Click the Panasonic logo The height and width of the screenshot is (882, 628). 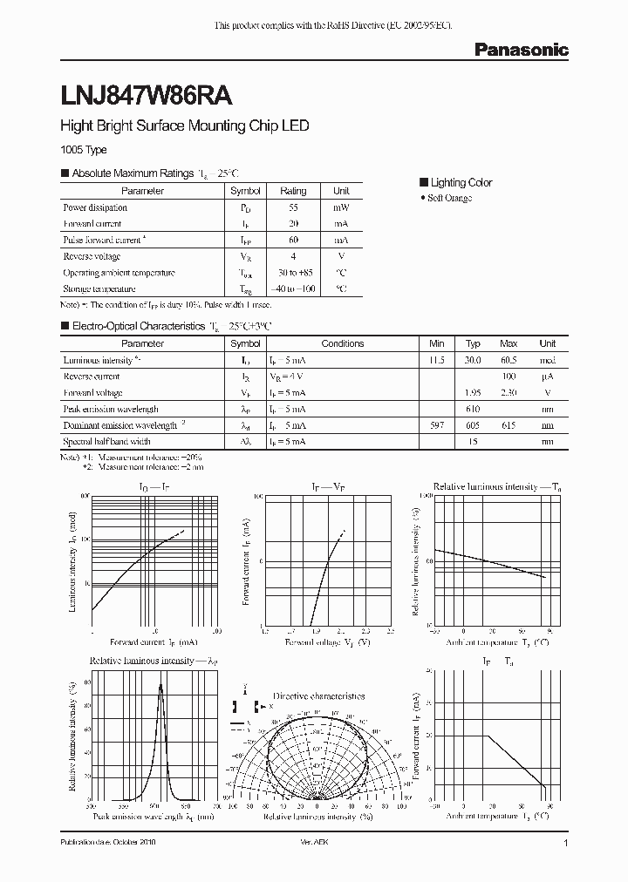tap(521, 51)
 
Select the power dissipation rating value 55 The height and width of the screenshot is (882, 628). tap(292, 207)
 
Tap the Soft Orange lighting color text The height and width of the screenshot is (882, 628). tap(450, 199)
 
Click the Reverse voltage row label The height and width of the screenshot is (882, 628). tap(92, 256)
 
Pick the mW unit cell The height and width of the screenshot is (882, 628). tap(341, 207)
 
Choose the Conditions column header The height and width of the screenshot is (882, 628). tap(342, 343)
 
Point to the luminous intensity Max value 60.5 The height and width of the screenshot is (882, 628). tap(509, 360)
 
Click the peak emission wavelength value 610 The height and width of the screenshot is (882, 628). tap(473, 409)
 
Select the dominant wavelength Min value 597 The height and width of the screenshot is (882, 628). tap(437, 425)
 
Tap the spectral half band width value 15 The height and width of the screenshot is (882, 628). tap(473, 442)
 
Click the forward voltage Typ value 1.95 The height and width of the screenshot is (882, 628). tap(473, 392)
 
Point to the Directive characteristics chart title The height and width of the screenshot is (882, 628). tap(318, 696)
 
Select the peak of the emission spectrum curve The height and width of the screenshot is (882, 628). tap(160, 685)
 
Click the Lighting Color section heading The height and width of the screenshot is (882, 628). tap(461, 182)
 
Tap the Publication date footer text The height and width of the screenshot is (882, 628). tap(113, 844)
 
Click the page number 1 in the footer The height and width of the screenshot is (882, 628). tap(566, 844)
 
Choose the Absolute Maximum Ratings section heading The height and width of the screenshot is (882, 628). tap(132, 173)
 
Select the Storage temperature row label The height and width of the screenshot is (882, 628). tap(99, 288)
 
